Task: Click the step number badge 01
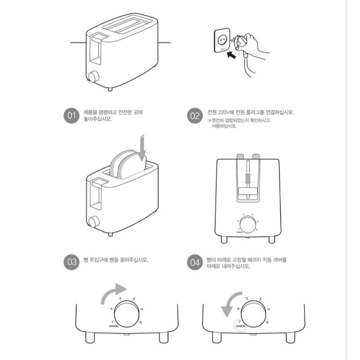click(x=72, y=116)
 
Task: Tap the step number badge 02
click(x=195, y=116)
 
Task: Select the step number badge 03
click(x=72, y=262)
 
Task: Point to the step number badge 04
click(x=195, y=262)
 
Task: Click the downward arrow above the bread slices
click(x=142, y=149)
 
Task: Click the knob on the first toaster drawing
click(x=93, y=76)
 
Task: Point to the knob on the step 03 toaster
click(x=93, y=222)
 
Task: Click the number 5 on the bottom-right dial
click(x=267, y=309)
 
